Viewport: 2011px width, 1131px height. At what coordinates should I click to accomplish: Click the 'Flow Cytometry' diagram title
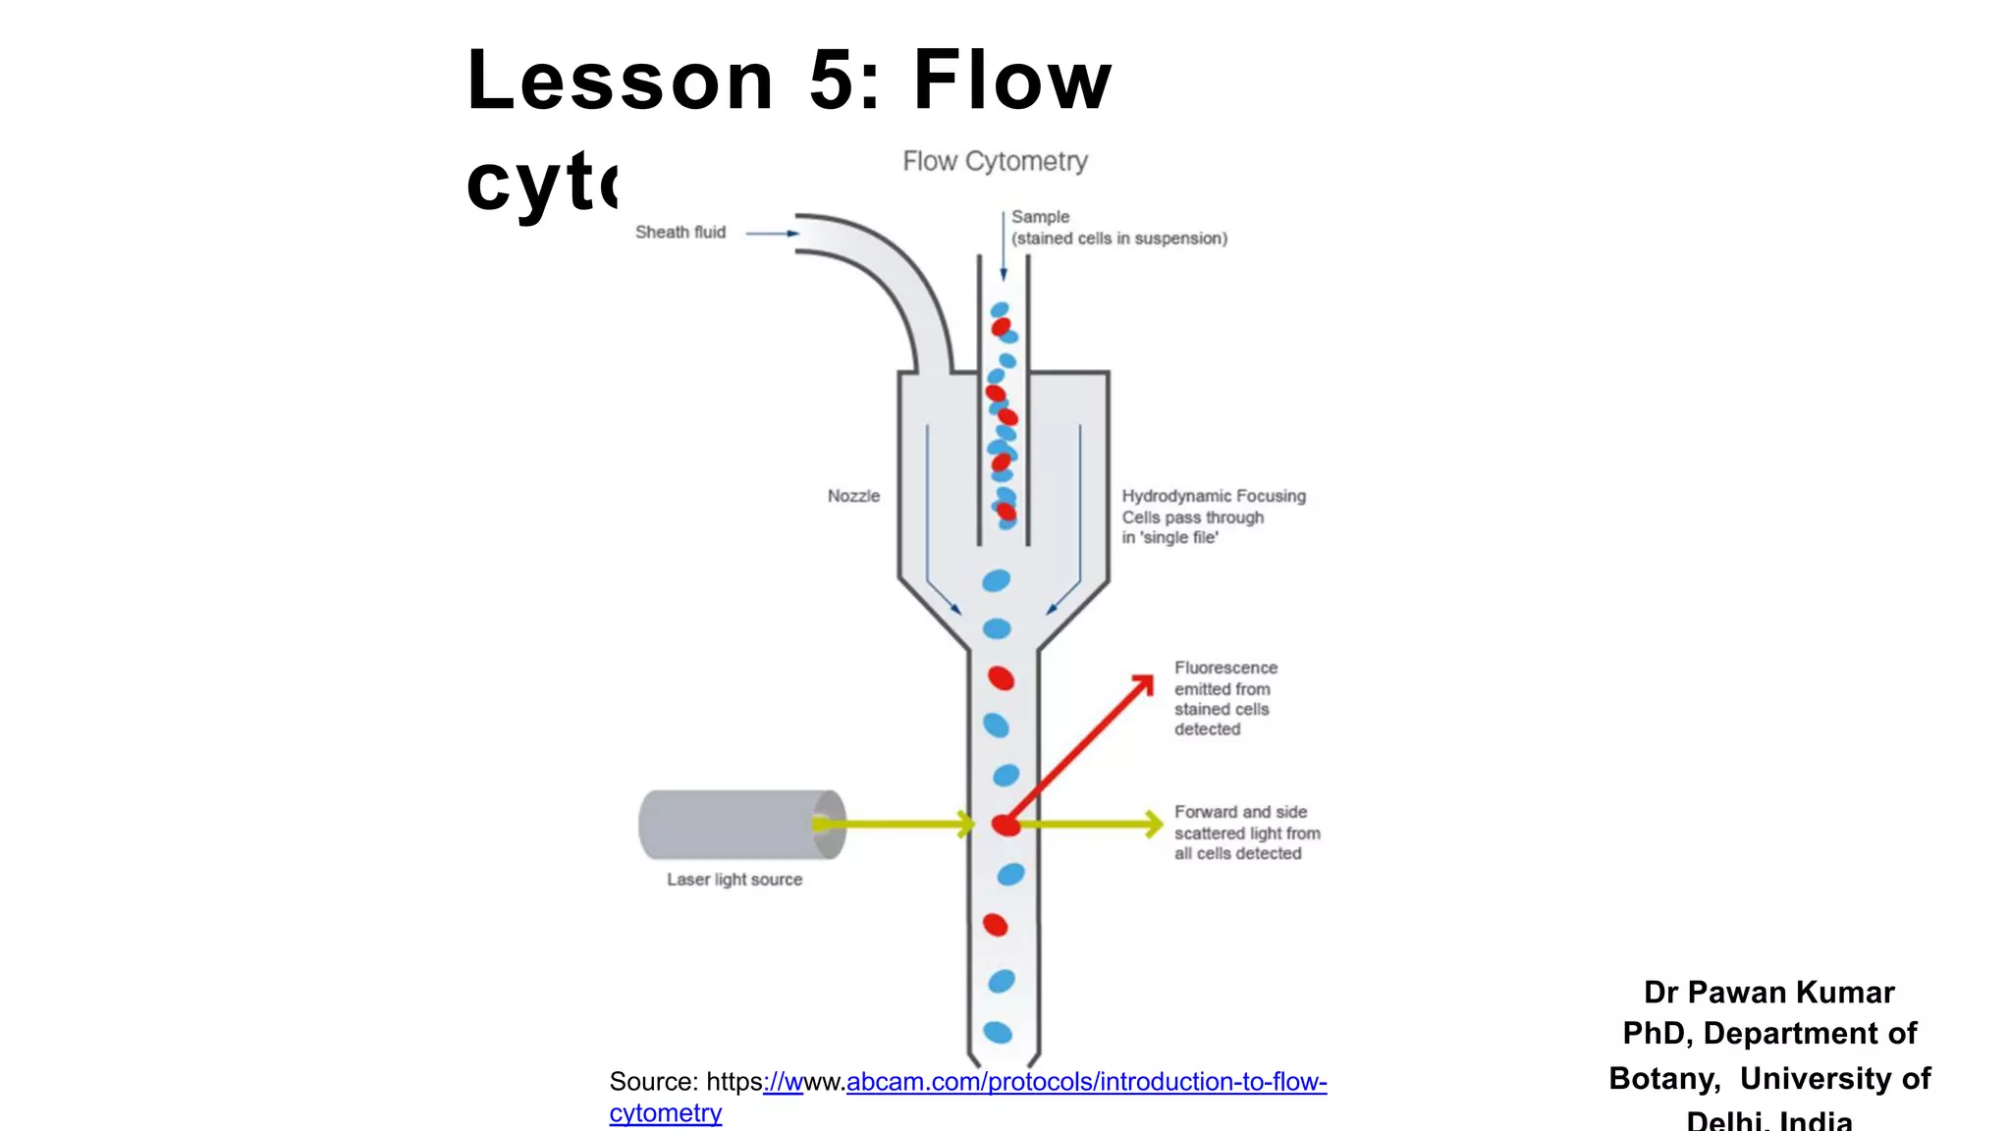pos(995,161)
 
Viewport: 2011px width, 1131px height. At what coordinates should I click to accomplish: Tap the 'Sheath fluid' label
pos(679,233)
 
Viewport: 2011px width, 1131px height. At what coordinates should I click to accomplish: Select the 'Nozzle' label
pos(853,496)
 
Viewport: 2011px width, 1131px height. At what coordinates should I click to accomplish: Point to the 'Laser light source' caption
pos(734,880)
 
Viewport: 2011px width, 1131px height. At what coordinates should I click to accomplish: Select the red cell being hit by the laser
pos(1005,825)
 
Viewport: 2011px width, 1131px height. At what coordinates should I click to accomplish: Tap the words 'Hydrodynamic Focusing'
pos(1214,496)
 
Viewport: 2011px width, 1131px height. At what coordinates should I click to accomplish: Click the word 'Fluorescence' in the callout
pos(1225,668)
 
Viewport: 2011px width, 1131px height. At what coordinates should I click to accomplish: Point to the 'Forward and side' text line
pos(1240,812)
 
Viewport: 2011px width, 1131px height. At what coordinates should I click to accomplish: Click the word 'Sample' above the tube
pos(1040,217)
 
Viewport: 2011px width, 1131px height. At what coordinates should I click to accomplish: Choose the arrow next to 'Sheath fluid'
pos(772,234)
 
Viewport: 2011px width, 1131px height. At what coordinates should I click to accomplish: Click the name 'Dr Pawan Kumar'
pos(1768,993)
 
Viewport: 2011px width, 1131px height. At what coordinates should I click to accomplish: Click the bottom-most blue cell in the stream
pos(998,1032)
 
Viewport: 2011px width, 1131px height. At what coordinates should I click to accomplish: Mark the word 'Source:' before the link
pos(653,1082)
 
